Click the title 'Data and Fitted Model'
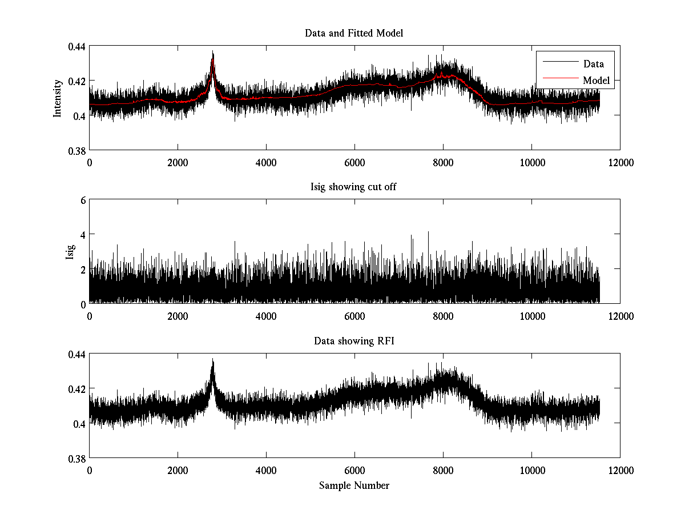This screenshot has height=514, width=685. click(x=354, y=33)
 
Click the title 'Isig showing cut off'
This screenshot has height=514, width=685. click(x=354, y=187)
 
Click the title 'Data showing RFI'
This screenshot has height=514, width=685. click(x=354, y=341)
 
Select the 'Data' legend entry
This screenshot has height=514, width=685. click(x=593, y=64)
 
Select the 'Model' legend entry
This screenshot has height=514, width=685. click(x=596, y=81)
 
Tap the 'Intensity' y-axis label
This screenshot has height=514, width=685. click(x=57, y=98)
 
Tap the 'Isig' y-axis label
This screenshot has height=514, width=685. click(x=70, y=252)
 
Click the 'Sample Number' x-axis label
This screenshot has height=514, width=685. click(x=354, y=485)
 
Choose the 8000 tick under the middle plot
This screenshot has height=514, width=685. click(x=443, y=316)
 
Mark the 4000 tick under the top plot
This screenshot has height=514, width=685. click(x=266, y=162)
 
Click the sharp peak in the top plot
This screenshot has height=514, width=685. click(x=213, y=51)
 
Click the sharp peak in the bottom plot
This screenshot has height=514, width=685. click(x=213, y=359)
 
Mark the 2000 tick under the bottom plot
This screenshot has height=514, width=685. click(x=178, y=470)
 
